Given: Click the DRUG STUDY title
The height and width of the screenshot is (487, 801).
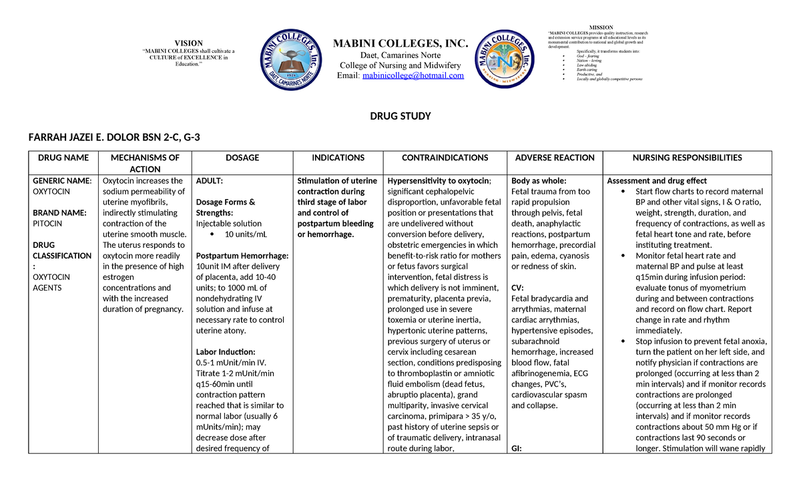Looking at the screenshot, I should pos(400,116).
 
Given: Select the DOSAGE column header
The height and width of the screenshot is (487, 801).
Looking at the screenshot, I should pos(242,158).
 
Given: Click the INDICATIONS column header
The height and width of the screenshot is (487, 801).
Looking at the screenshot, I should pos(338,158).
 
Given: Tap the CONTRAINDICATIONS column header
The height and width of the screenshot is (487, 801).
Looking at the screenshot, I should pos(445,158).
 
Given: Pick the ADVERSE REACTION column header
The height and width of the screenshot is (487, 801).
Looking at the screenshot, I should pos(555,158).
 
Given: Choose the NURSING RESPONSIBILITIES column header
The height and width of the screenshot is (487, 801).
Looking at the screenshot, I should pos(687,158).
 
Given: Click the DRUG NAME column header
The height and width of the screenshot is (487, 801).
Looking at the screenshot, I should pos(63,158).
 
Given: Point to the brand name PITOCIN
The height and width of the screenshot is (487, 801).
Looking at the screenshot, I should pos(47,224).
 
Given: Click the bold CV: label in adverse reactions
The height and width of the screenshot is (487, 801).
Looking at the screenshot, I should pos(518,288).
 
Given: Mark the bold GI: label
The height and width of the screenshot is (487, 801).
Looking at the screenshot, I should pos(517,448).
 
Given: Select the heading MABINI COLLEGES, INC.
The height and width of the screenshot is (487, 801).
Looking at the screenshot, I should pos(400,44).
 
